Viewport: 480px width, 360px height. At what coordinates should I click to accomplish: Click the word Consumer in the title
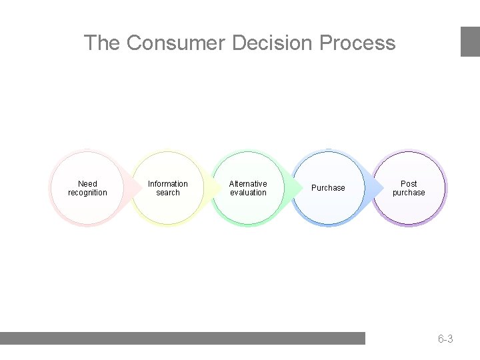tap(176, 43)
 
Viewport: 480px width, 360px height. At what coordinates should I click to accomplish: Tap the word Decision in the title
tap(273, 43)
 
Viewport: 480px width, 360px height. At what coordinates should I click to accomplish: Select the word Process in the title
tap(357, 43)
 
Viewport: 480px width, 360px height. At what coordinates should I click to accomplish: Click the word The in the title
tap(101, 43)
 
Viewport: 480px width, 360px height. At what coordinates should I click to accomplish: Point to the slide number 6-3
tap(445, 339)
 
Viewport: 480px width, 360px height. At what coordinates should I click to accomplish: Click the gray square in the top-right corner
tap(470, 41)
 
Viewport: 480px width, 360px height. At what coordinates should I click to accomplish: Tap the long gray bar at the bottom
tap(183, 338)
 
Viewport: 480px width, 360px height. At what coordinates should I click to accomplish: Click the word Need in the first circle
tap(87, 184)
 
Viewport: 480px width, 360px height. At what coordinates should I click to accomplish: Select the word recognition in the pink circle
tap(87, 193)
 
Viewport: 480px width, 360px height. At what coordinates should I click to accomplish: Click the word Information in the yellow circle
tap(168, 184)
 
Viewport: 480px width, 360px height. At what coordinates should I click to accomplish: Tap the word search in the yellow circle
tap(168, 193)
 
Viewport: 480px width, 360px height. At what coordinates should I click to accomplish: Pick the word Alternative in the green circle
tap(248, 184)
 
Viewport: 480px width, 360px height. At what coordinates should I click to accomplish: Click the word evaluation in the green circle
tap(248, 193)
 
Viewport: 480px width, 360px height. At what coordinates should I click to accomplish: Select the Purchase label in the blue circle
tap(329, 188)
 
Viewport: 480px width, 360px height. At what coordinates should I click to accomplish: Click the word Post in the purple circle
tap(409, 184)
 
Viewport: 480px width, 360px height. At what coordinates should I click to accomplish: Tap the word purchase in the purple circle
tap(409, 193)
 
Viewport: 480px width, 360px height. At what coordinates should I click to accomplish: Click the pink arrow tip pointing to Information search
tap(136, 188)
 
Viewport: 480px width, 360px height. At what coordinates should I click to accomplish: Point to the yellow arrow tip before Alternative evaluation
tap(216, 188)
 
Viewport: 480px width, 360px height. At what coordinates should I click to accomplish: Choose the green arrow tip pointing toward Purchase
tap(297, 188)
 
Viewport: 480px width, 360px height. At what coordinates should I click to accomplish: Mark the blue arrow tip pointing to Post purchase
tap(377, 188)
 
